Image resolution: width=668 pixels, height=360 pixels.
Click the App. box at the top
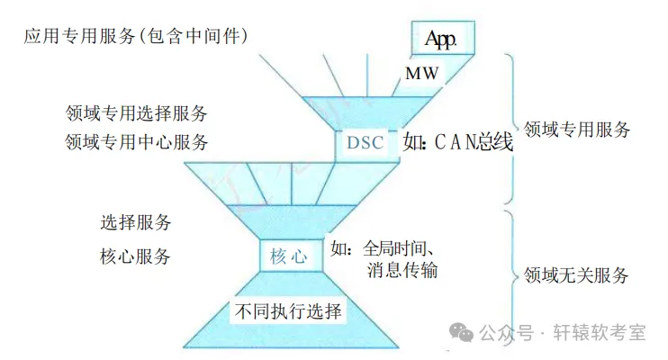click(442, 39)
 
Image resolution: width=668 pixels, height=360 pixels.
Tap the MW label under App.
click(421, 74)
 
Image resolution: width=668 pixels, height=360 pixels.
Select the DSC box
click(364, 142)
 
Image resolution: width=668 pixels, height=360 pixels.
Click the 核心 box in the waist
click(288, 256)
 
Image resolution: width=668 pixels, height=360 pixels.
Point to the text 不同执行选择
click(288, 313)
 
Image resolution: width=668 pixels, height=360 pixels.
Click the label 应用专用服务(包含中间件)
click(136, 35)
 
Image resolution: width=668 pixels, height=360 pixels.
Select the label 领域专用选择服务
click(137, 114)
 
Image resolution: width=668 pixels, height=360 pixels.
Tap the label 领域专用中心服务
click(137, 142)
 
